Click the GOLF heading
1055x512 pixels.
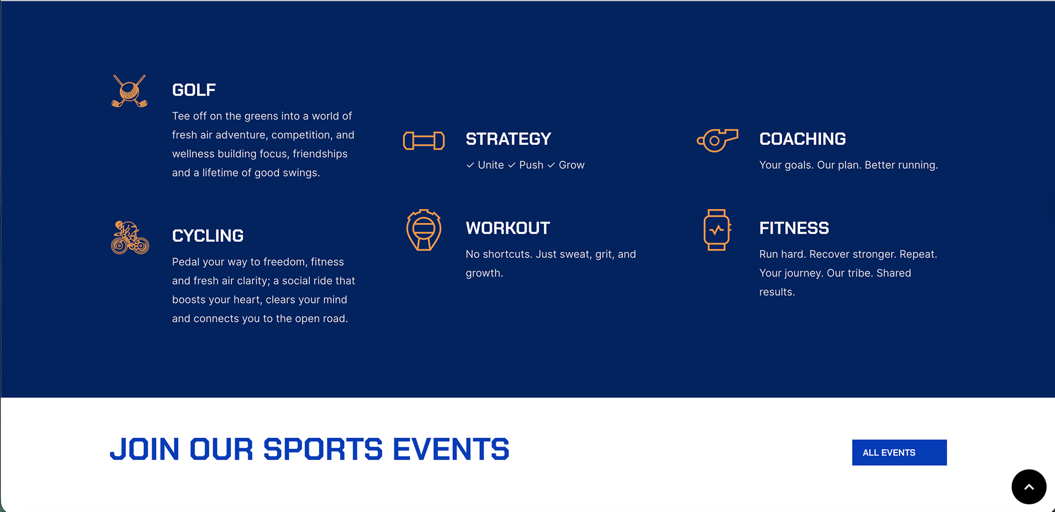pyautogui.click(x=194, y=90)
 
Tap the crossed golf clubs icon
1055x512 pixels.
pyautogui.click(x=130, y=91)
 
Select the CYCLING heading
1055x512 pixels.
pyautogui.click(x=208, y=236)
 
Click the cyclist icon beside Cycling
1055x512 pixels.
pyautogui.click(x=130, y=238)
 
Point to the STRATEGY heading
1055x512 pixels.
pyautogui.click(x=508, y=139)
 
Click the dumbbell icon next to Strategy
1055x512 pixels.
pyautogui.click(x=424, y=141)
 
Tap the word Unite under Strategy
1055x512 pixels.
pyautogui.click(x=491, y=165)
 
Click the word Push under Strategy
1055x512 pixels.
pyautogui.click(x=531, y=165)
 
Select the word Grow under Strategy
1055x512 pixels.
pyautogui.click(x=571, y=165)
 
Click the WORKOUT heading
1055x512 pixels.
pyautogui.click(x=508, y=228)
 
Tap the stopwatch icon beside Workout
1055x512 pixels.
pyautogui.click(x=424, y=230)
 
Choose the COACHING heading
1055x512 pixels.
pyautogui.click(x=802, y=139)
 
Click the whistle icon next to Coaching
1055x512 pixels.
pyautogui.click(x=717, y=140)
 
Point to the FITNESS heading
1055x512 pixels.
pyautogui.click(x=794, y=228)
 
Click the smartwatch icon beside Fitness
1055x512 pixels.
pyautogui.click(x=717, y=230)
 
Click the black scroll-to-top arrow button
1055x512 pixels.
pyautogui.click(x=1029, y=487)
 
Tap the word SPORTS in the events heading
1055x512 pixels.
pyautogui.click(x=323, y=449)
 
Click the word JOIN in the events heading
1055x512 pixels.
pyautogui.click(x=145, y=449)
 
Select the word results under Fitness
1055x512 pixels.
pyautogui.click(x=777, y=292)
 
